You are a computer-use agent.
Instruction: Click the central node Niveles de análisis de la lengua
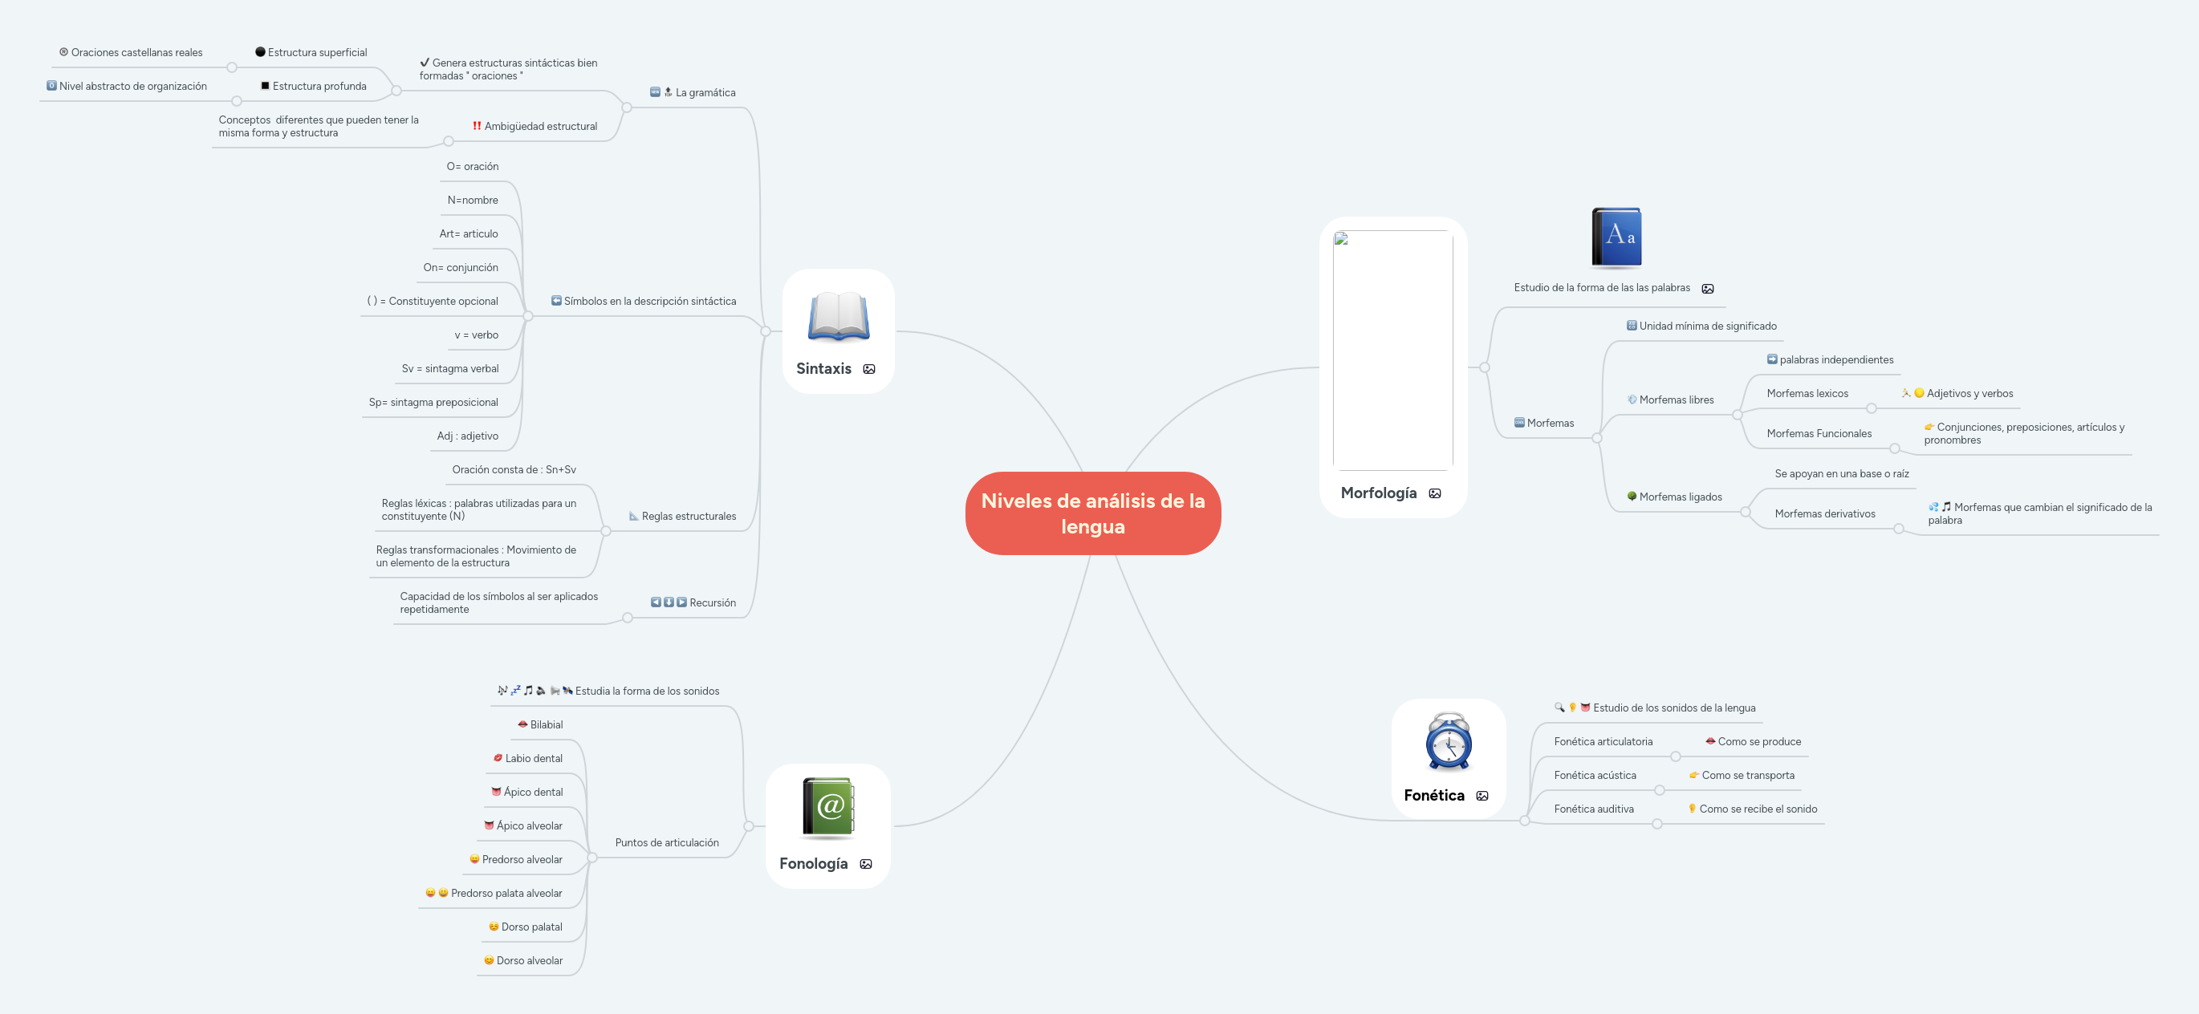1092,513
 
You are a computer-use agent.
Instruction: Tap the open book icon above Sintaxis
839,317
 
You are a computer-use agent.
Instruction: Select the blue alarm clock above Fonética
1449,741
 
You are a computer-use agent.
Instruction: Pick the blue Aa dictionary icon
1616,238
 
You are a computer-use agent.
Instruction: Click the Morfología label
1378,493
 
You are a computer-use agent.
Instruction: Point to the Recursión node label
712,602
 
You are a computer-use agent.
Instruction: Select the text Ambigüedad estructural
540,126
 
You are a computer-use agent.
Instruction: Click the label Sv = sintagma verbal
450,369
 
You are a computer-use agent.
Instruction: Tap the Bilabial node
547,724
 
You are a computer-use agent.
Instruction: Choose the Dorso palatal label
531,927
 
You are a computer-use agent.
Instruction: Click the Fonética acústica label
1595,775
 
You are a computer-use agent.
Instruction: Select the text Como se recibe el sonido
1758,809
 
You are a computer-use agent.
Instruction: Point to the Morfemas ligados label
1680,497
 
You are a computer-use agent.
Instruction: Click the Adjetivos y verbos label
1969,393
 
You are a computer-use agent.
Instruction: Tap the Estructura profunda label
319,86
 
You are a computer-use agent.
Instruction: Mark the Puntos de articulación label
667,842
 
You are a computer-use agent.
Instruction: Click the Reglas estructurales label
688,517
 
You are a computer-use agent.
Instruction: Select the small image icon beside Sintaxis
869,370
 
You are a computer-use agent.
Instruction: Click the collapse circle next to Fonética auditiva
1657,824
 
